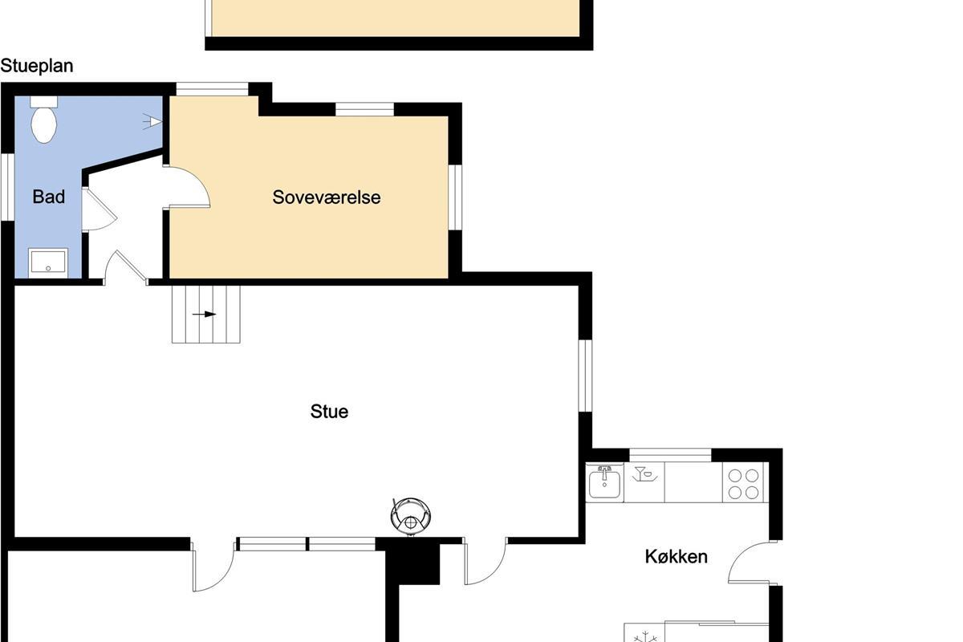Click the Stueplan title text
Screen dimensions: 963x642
coord(37,67)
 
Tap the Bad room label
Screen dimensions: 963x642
coord(49,197)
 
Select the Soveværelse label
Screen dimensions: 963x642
coord(327,197)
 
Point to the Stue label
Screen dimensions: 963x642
coord(329,412)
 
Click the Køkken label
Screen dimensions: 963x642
coord(677,557)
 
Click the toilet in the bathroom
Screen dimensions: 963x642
coord(44,120)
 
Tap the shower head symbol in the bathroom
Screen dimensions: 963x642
coord(152,122)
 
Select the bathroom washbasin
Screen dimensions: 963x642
coord(48,262)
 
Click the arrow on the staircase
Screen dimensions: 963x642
coord(204,315)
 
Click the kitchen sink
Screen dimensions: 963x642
coord(604,483)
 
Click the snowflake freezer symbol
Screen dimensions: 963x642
coord(645,637)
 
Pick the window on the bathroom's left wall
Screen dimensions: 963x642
coord(7,187)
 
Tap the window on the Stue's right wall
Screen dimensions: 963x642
coord(585,376)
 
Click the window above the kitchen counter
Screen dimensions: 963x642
coord(670,455)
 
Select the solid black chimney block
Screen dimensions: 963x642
coord(412,562)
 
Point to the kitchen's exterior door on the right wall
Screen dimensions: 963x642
coord(753,562)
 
